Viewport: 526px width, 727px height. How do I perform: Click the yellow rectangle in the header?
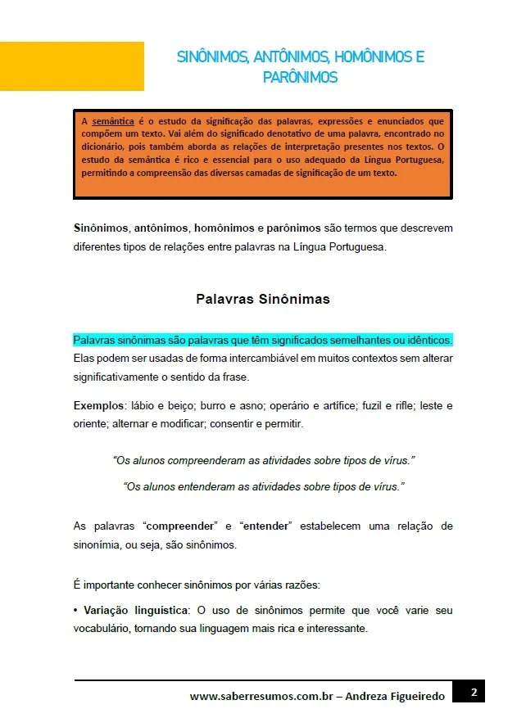point(72,66)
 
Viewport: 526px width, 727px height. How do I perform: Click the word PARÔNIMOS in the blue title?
point(300,78)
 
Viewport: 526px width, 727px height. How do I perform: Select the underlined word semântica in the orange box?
point(112,121)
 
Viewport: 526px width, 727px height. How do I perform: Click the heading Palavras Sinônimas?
point(263,299)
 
